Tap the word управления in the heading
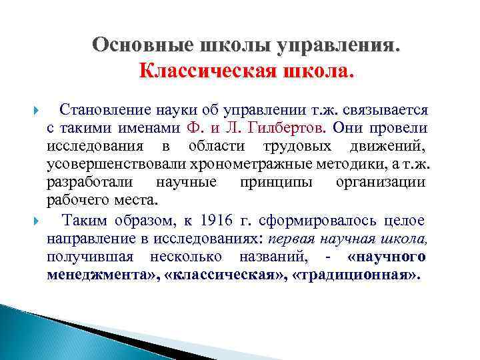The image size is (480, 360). coord(343,45)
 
